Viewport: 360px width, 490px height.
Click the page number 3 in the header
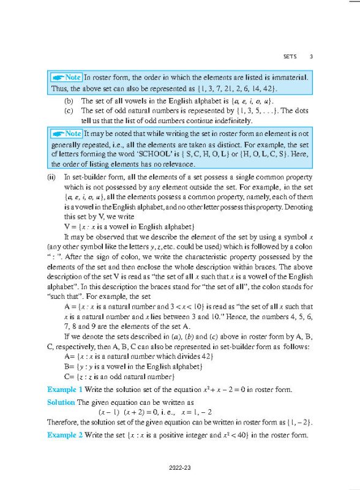(311, 57)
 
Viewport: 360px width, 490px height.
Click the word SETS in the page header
(290, 57)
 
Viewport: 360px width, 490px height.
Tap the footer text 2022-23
(180, 469)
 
